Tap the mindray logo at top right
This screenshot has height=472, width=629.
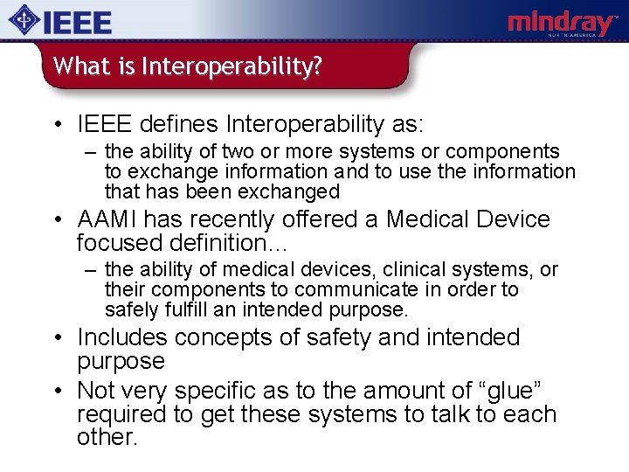click(563, 23)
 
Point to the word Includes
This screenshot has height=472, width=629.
click(123, 337)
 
